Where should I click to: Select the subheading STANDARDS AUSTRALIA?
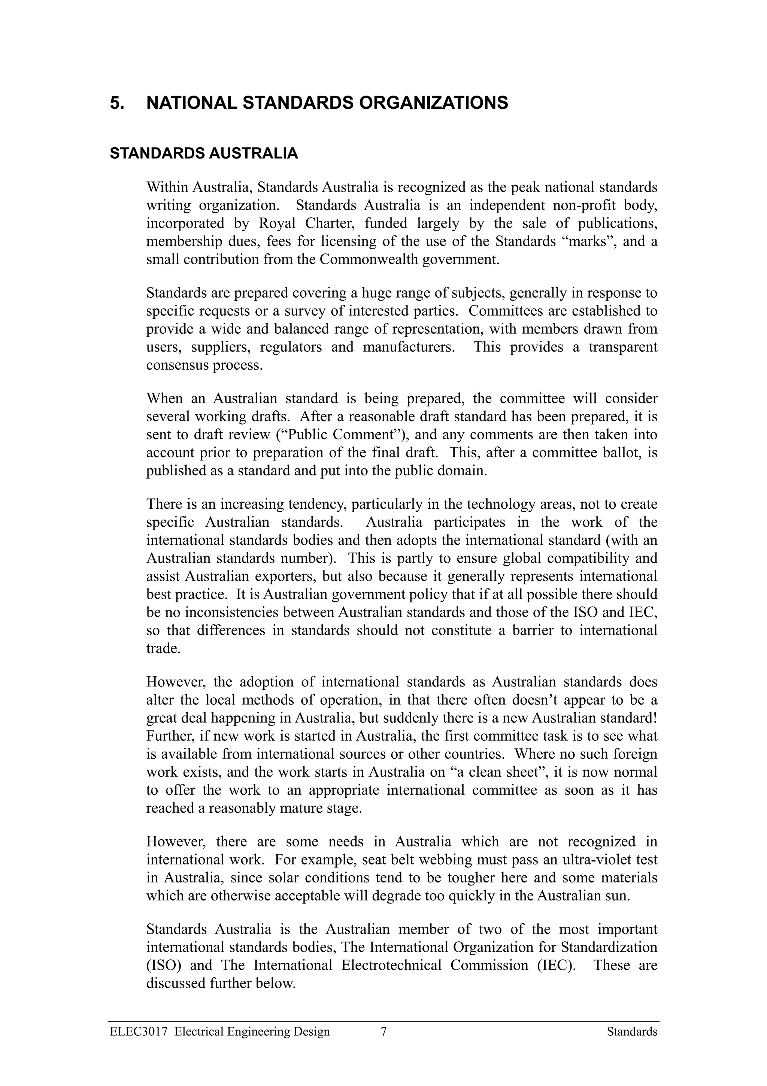click(204, 153)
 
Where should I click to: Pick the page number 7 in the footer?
click(384, 1032)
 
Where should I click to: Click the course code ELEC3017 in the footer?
click(139, 1032)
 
